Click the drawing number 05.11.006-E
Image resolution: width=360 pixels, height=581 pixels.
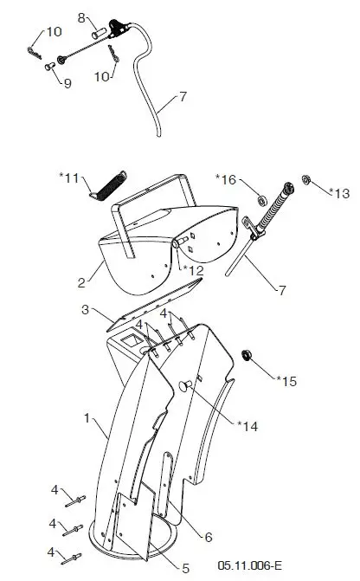point(249,565)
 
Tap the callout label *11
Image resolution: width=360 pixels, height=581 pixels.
point(69,178)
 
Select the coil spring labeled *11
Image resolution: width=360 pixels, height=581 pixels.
point(108,184)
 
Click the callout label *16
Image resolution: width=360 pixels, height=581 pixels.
point(226,179)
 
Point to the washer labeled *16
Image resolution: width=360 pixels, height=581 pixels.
point(262,200)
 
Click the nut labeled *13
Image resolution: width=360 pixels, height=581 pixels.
point(306,180)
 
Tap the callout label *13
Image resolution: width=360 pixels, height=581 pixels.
point(339,193)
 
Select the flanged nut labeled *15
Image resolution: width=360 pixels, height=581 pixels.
point(247,355)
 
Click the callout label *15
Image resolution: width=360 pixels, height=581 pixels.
point(286,381)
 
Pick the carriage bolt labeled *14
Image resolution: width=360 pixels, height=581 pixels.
point(185,385)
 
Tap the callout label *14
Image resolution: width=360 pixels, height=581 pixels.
point(247,426)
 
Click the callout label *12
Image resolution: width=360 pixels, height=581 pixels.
point(194,270)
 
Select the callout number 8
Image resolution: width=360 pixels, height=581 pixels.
point(81,18)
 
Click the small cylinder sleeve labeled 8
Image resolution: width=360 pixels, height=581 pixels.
point(100,32)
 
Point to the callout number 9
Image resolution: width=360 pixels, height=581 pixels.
point(67,83)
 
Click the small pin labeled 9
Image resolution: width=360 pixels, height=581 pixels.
point(50,67)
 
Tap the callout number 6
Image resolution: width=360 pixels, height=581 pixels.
point(209,537)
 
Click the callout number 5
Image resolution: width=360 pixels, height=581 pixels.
point(185,568)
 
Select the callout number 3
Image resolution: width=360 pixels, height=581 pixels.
point(85,309)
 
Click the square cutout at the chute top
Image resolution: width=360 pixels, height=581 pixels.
point(132,341)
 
